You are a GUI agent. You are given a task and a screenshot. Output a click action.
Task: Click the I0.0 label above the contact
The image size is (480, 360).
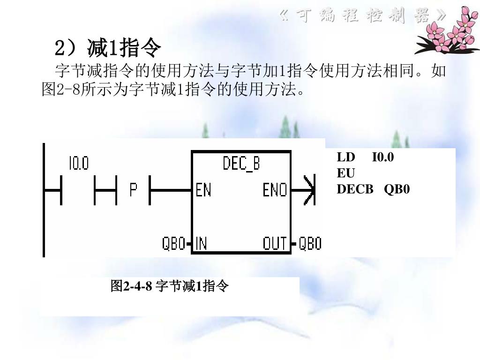pyautogui.click(x=78, y=164)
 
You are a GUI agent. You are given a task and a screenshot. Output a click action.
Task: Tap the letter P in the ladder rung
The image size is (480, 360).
pyautogui.click(x=134, y=190)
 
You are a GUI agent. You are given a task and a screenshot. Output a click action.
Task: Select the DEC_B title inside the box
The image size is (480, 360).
pyautogui.click(x=241, y=164)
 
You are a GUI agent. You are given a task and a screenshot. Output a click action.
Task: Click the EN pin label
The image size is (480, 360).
pyautogui.click(x=203, y=190)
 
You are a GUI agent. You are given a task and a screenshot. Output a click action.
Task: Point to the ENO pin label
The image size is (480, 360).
pyautogui.click(x=275, y=190)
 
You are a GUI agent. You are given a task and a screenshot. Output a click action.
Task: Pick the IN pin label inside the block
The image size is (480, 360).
pyautogui.click(x=202, y=243)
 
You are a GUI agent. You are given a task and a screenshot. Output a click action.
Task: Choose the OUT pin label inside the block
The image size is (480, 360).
pyautogui.click(x=275, y=243)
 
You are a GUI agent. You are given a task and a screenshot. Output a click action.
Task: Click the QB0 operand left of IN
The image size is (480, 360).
pyautogui.click(x=173, y=243)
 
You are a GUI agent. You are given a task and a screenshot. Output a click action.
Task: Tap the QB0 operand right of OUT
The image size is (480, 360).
pyautogui.click(x=310, y=243)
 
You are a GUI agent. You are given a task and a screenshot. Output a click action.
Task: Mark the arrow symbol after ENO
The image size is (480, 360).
pyautogui.click(x=310, y=190)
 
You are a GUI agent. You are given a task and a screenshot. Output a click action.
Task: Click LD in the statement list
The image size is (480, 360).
pyautogui.click(x=346, y=157)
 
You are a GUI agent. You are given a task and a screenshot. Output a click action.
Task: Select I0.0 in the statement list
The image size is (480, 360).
pyautogui.click(x=383, y=157)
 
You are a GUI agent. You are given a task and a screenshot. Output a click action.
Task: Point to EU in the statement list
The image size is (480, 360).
pyautogui.click(x=346, y=173)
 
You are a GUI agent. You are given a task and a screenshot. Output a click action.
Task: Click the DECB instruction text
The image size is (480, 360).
pyautogui.click(x=355, y=189)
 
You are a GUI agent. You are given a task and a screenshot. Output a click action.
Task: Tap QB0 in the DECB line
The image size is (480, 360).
pyautogui.click(x=397, y=189)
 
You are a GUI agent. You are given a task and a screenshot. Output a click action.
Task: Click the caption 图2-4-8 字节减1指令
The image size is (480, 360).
pyautogui.click(x=170, y=285)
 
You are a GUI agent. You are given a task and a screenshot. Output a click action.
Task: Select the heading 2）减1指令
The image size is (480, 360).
pyautogui.click(x=108, y=47)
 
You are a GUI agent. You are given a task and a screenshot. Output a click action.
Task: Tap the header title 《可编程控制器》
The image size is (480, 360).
pyautogui.click(x=362, y=17)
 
